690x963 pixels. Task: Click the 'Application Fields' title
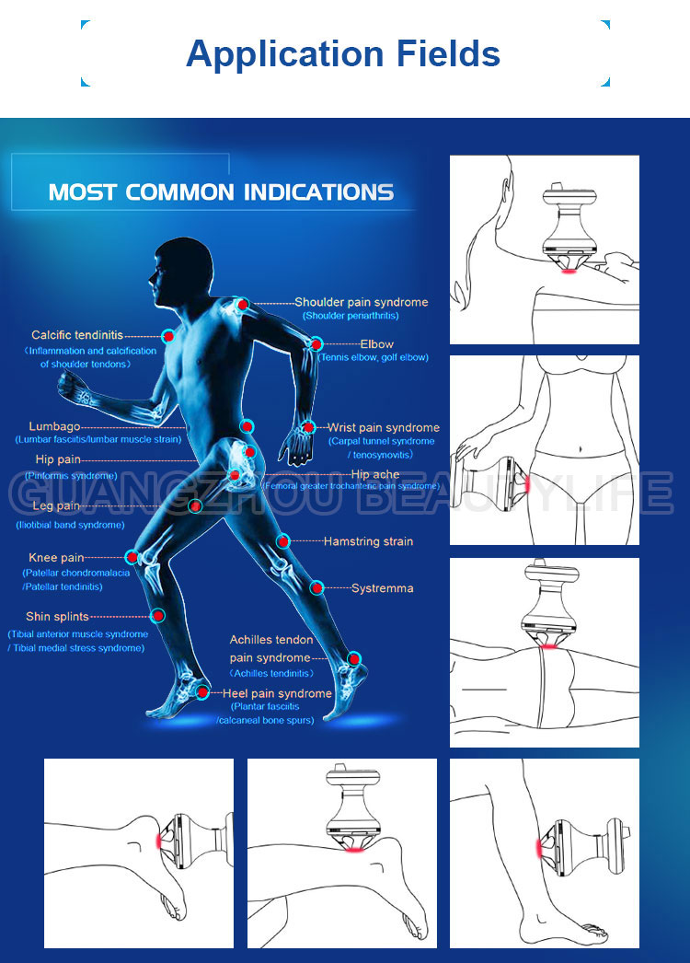[343, 54]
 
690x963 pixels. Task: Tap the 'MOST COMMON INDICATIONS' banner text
[221, 192]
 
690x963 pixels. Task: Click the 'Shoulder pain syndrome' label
[361, 302]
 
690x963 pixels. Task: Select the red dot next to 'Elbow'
[316, 344]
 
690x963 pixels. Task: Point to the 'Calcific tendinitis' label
[76, 336]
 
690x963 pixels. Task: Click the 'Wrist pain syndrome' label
[384, 427]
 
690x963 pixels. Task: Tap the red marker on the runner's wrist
[309, 427]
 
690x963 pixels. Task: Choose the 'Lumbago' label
[54, 426]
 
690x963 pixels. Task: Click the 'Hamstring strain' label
[368, 541]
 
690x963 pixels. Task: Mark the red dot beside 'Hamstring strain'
[283, 541]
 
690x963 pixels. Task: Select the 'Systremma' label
[382, 587]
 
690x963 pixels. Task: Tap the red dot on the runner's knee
[132, 557]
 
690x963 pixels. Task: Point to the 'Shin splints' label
[57, 617]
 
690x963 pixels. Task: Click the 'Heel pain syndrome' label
[277, 693]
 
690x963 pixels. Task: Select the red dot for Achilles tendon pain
[354, 658]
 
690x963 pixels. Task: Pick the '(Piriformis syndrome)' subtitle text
[72, 476]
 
